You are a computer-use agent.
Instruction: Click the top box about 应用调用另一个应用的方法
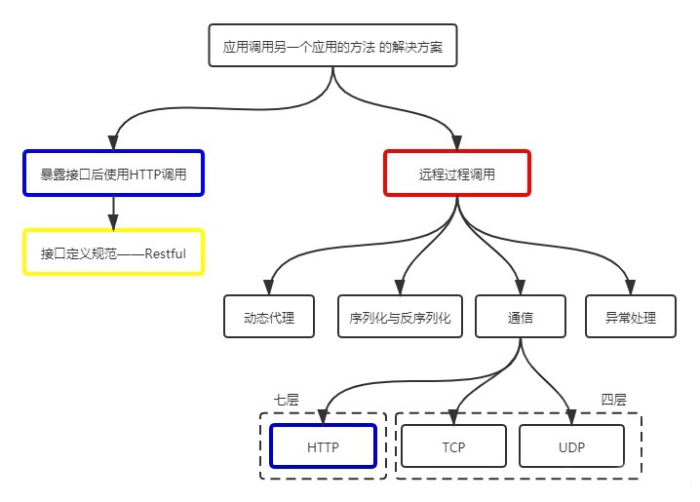click(x=333, y=45)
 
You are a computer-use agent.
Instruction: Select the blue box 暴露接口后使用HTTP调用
click(x=113, y=174)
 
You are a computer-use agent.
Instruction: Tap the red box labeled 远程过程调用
click(x=456, y=174)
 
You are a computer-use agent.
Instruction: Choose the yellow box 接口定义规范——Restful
click(x=113, y=252)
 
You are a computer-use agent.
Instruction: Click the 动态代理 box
click(x=269, y=317)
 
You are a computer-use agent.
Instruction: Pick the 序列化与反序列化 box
click(x=400, y=317)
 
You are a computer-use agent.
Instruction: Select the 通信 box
click(x=521, y=317)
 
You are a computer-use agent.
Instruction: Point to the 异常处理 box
click(x=631, y=317)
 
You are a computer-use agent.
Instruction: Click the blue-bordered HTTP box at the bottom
click(x=323, y=446)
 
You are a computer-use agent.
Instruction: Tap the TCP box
click(x=454, y=446)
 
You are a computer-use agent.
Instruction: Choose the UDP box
click(x=570, y=446)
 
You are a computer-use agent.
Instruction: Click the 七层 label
click(x=286, y=400)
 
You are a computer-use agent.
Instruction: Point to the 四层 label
click(x=613, y=400)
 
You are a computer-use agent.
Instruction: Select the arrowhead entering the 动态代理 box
click(x=269, y=288)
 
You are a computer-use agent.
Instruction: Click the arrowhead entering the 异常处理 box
click(x=631, y=288)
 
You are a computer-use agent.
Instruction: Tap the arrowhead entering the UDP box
click(x=570, y=416)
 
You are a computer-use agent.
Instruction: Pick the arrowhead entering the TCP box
click(x=454, y=416)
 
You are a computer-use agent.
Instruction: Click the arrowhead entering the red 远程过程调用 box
click(x=456, y=143)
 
